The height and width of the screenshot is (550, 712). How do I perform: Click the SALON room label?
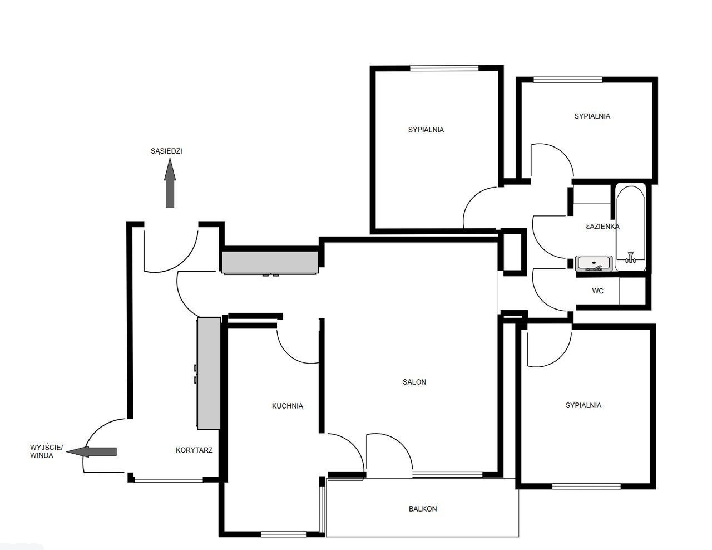coord(414,382)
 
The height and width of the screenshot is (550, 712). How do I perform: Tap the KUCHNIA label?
coord(288,406)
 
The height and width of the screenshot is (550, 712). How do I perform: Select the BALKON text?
coord(423,509)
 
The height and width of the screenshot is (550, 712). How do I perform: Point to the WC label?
coord(597,291)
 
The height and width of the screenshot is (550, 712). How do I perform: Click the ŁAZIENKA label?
coord(602,226)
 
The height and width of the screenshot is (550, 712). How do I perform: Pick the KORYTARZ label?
coord(194,450)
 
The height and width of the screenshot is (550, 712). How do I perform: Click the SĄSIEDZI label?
coord(166,151)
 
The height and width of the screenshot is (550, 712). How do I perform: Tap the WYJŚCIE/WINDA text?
coord(46,451)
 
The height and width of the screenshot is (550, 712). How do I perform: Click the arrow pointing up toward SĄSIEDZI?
coord(170,183)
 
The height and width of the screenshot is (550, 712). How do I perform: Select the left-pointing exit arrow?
coord(91,451)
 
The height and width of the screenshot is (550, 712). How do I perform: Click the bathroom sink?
coord(594,263)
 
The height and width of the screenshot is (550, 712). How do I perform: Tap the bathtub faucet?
coord(630,258)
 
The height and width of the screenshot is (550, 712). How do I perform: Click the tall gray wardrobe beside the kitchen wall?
coord(208,373)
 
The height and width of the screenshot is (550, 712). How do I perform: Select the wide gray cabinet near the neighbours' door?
coord(270,262)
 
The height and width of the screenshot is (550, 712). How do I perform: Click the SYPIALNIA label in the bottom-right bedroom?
coord(584,405)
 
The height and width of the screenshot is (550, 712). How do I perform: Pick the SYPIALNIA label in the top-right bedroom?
coord(592,116)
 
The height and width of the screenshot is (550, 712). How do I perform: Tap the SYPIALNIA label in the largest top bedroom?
coord(426,130)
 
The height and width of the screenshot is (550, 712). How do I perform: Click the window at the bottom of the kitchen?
coord(284,534)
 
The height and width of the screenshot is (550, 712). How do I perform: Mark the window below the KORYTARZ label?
coord(169,479)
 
